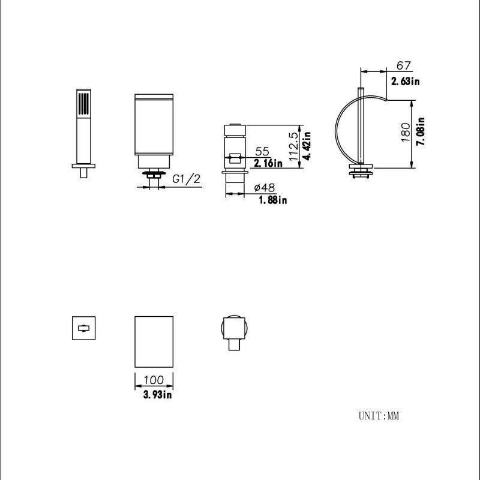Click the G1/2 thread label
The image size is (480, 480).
tap(186, 179)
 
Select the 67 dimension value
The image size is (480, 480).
tap(403, 65)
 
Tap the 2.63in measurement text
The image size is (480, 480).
tap(406, 81)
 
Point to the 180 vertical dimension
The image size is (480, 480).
tap(406, 132)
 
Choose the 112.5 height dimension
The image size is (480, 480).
tap(293, 146)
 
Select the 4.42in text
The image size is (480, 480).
tap(307, 146)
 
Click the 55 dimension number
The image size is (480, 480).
tap(262, 151)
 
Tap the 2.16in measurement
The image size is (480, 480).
tap(268, 163)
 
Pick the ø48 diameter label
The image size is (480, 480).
tap(265, 187)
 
